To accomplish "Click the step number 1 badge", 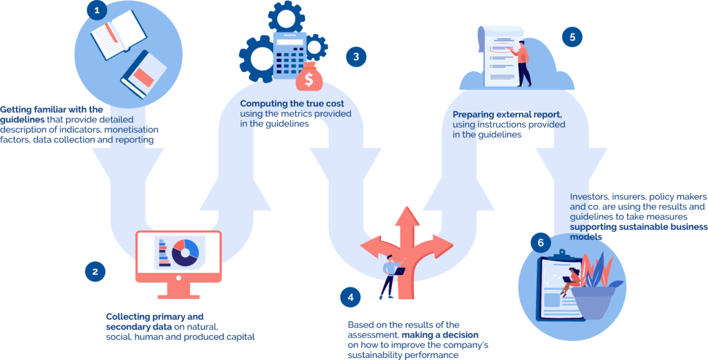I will pyautogui.click(x=96, y=10).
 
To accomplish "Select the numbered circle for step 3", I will pyautogui.click(x=355, y=57).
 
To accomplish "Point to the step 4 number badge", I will pyautogui.click(x=350, y=297).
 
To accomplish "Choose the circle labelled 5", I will pyautogui.click(x=571, y=37).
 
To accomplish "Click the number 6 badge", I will pyautogui.click(x=541, y=242).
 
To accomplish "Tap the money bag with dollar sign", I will pyautogui.click(x=308, y=77).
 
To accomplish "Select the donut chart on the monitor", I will pyautogui.click(x=185, y=252).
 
